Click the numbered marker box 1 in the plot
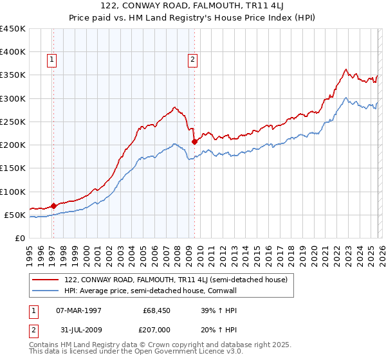pyautogui.click(x=52, y=60)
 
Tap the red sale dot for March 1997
pyautogui.click(x=53, y=206)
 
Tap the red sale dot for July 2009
pyautogui.click(x=194, y=141)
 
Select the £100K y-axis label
pyautogui.click(x=13, y=192)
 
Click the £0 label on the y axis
pyautogui.click(x=20, y=238)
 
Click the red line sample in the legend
pyautogui.click(x=46, y=280)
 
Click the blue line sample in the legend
pyautogui.click(x=46, y=290)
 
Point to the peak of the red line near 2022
pyautogui.click(x=345, y=69)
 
